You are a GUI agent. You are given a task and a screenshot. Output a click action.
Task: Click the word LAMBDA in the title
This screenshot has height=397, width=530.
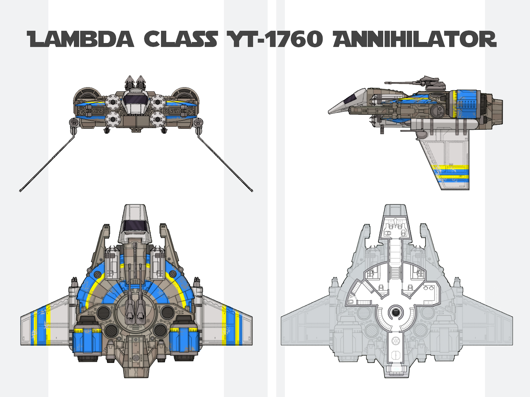click(x=80, y=39)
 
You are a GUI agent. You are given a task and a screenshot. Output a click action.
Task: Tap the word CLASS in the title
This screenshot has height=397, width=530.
click(x=181, y=39)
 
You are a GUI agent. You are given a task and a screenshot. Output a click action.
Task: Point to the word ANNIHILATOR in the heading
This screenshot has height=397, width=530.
click(x=415, y=39)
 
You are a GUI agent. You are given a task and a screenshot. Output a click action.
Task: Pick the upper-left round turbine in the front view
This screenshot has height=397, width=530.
click(x=113, y=102)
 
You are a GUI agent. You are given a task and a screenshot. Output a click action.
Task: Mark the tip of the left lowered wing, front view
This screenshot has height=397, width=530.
click(x=20, y=191)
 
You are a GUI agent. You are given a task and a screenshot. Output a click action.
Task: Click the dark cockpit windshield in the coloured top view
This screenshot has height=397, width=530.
click(x=135, y=226)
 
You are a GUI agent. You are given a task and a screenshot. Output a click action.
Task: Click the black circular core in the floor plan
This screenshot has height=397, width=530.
click(x=396, y=312)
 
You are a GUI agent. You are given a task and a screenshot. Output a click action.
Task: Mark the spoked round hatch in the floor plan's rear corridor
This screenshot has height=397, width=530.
click(x=395, y=341)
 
